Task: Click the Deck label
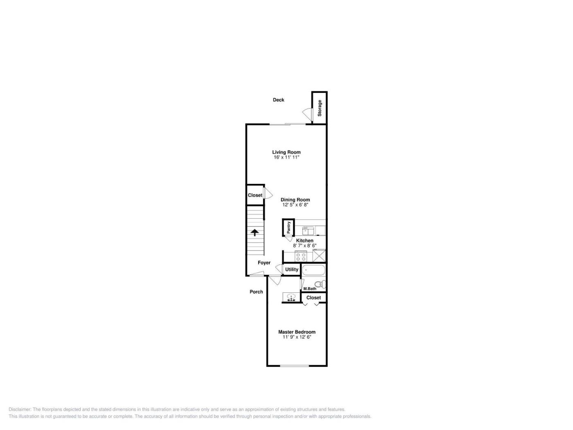[278, 100]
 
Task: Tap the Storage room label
[320, 108]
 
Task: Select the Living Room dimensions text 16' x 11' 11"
[286, 157]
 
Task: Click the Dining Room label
[295, 200]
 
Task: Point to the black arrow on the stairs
[255, 232]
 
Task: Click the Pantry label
[289, 227]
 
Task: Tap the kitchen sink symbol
[308, 231]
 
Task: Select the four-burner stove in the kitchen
[301, 256]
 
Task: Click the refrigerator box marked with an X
[319, 256]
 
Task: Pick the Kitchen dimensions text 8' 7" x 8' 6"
[305, 245]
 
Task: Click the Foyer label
[264, 263]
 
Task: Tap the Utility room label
[291, 269]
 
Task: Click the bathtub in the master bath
[313, 270]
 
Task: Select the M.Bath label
[309, 288]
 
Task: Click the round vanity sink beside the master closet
[291, 297]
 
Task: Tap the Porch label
[256, 292]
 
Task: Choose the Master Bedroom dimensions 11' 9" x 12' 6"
[297, 337]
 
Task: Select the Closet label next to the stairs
[255, 195]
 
